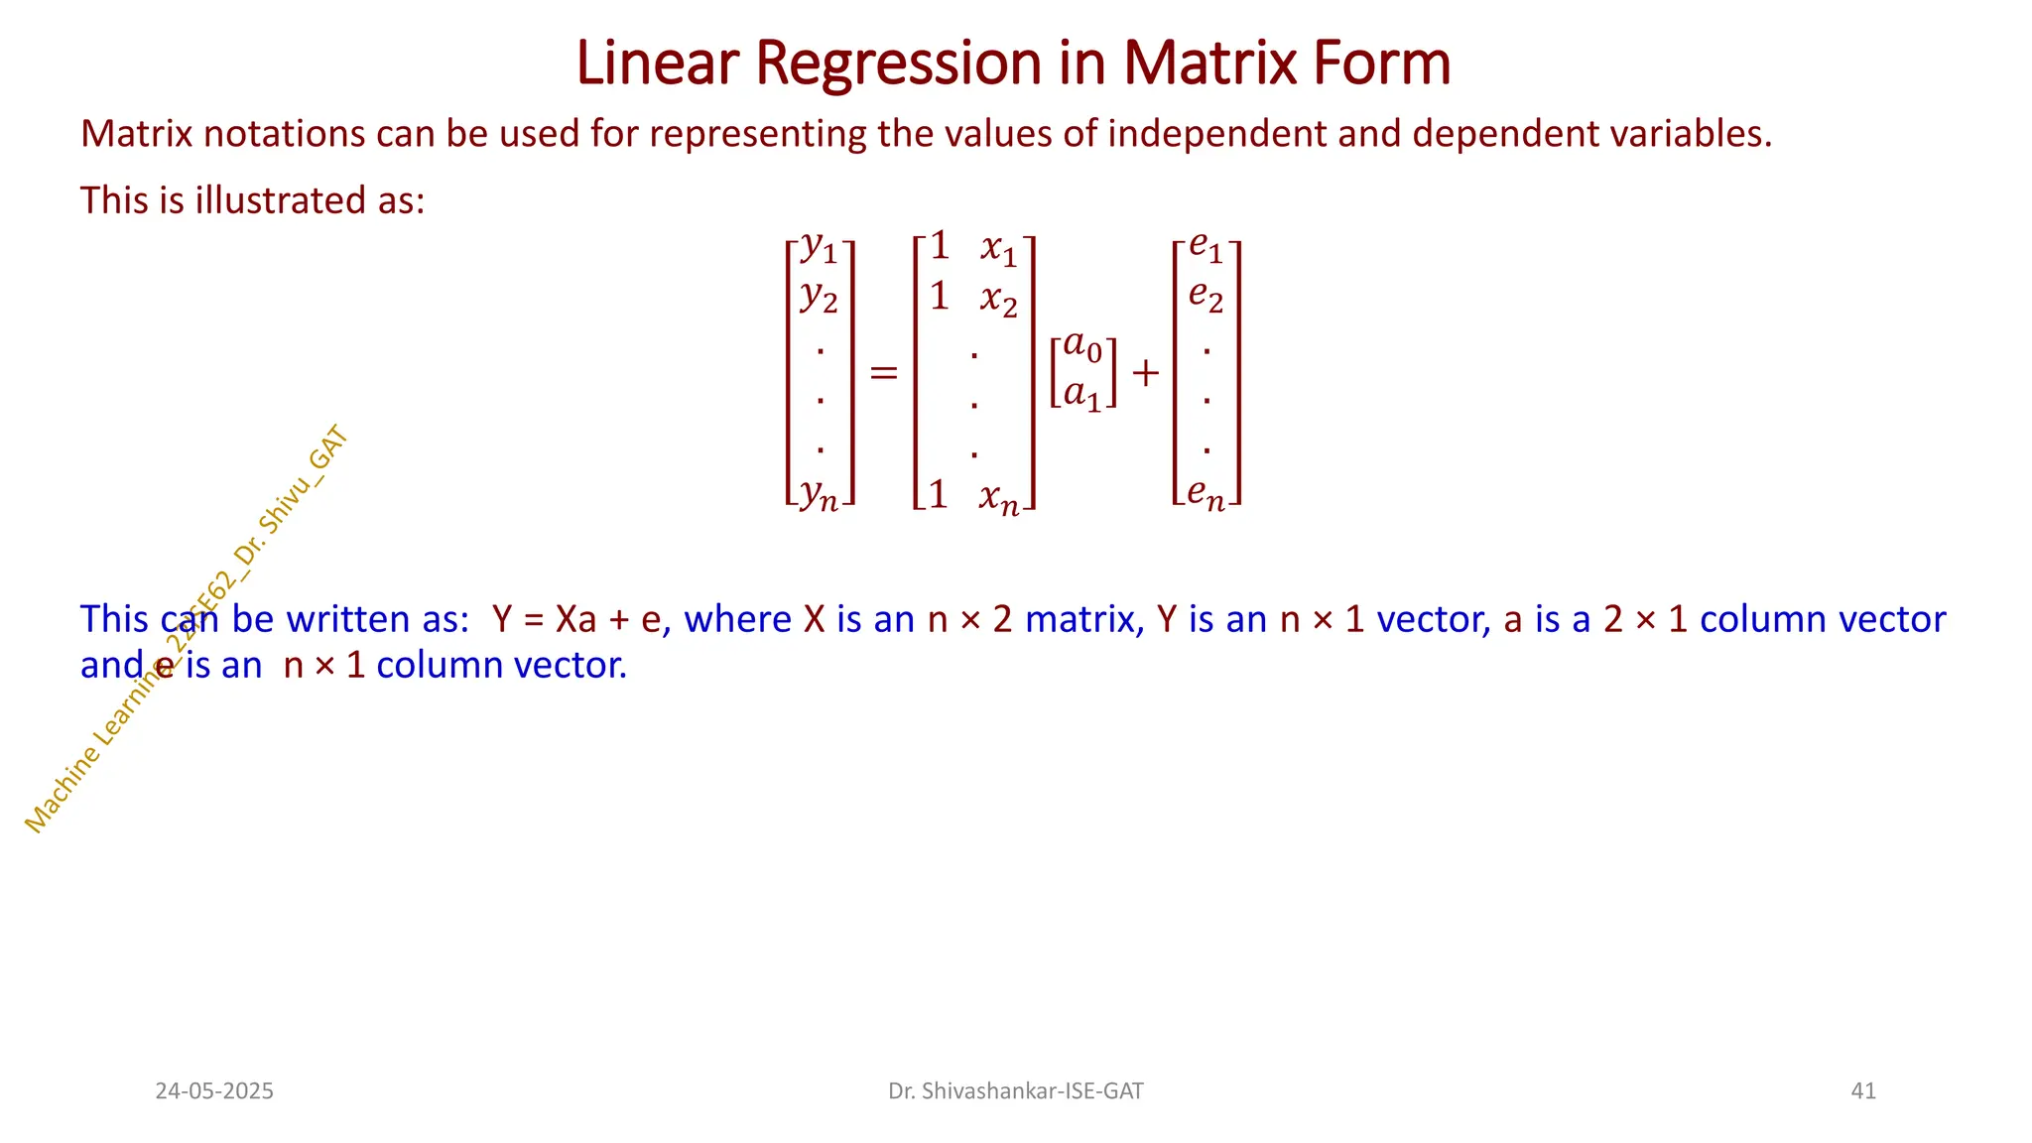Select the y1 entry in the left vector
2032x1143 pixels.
(x=820, y=247)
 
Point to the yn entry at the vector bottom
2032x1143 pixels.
(x=820, y=493)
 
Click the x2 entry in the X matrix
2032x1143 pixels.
(x=998, y=299)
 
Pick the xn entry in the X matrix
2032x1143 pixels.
(x=998, y=497)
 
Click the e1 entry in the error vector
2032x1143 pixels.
(x=1206, y=245)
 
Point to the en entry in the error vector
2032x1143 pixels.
(x=1206, y=493)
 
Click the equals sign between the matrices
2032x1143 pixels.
(x=883, y=373)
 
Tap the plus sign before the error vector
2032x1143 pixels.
(x=1145, y=373)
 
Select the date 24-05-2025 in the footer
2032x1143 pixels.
(x=214, y=1091)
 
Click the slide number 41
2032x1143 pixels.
(x=1863, y=1091)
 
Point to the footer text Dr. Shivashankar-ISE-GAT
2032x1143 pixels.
(x=1015, y=1091)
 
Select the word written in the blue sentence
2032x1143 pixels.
(x=348, y=619)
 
